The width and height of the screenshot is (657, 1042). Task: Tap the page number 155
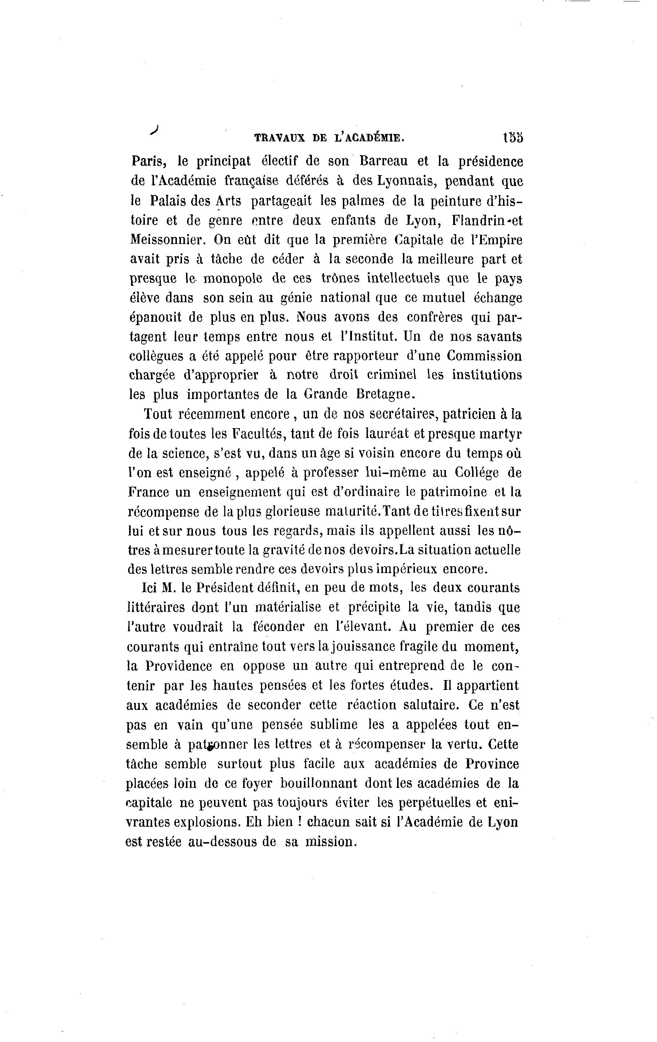[512, 138]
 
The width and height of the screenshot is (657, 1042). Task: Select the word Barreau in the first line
[383, 161]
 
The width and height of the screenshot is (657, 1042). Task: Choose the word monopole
[233, 278]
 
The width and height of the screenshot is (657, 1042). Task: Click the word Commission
[484, 356]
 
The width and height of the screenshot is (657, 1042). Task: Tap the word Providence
[179, 666]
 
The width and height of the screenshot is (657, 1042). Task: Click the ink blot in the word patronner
[211, 745]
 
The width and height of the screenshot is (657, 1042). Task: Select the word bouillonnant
[319, 783]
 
